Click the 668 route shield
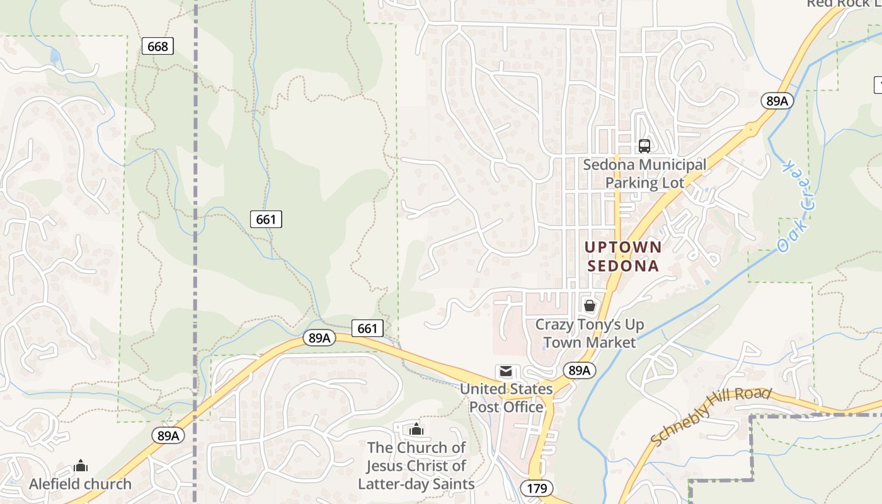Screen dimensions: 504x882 [x=157, y=46]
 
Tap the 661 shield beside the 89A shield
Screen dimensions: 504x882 [x=367, y=328]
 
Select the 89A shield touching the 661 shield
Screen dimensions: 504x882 [x=319, y=338]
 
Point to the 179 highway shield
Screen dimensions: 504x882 [x=537, y=488]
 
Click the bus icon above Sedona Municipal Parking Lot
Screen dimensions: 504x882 [x=644, y=146]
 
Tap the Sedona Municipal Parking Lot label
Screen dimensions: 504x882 [x=644, y=173]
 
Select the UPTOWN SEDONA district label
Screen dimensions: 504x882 [x=623, y=256]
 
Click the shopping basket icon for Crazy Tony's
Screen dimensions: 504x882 [x=590, y=306]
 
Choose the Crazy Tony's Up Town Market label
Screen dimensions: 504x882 [x=590, y=333]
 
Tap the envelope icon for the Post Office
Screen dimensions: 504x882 [x=506, y=372]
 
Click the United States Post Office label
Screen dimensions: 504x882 [x=507, y=398]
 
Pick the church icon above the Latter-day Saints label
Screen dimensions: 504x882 [x=416, y=430]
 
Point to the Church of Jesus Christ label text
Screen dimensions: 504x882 [x=416, y=466]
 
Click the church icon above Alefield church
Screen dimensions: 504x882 [x=81, y=466]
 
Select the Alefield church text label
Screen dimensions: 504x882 [x=81, y=484]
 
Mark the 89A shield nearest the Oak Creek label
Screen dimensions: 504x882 [x=777, y=101]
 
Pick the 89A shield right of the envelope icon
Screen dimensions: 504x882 [x=579, y=370]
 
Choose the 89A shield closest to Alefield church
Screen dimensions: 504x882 [x=168, y=435]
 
